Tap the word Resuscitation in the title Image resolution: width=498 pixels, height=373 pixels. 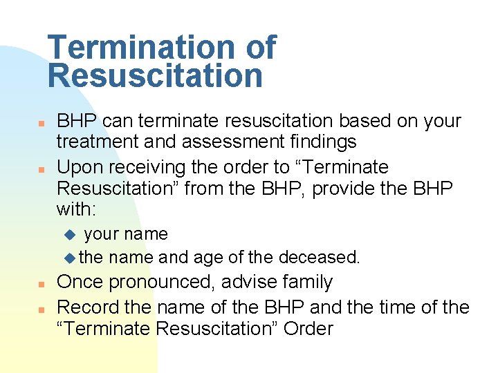click(156, 75)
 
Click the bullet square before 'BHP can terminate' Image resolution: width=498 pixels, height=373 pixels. click(41, 122)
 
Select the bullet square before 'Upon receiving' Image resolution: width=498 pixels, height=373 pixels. click(41, 169)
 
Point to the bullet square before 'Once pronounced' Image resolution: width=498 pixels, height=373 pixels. click(41, 284)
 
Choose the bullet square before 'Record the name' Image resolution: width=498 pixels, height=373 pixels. click(41, 307)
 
